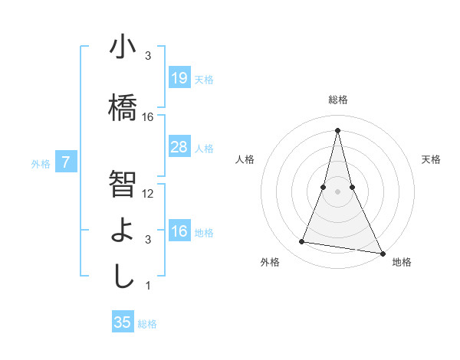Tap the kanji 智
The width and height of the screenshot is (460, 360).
click(123, 184)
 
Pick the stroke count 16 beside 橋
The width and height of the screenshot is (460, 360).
click(148, 117)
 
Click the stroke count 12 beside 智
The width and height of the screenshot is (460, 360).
click(148, 194)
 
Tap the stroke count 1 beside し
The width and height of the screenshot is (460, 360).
click(148, 286)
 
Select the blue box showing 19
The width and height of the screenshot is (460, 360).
click(179, 78)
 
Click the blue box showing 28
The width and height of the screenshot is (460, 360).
click(179, 147)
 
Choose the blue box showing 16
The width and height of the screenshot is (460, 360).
click(179, 231)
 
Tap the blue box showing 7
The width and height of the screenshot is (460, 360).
click(66, 162)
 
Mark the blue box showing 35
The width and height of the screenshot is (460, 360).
click(123, 322)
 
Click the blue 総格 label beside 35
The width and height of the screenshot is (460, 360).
click(148, 324)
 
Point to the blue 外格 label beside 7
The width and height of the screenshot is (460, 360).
click(41, 163)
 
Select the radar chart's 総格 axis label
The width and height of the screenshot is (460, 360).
click(338, 100)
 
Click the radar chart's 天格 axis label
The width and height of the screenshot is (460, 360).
click(432, 159)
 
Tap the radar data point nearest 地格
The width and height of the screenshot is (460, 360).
click(382, 253)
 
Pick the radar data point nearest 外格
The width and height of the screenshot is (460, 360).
click(302, 242)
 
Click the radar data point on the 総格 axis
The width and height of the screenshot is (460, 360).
click(338, 129)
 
